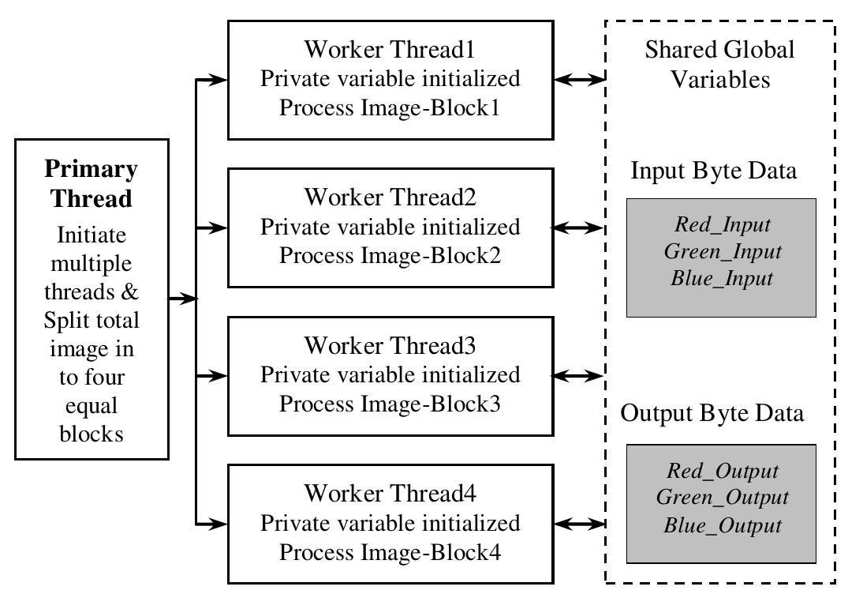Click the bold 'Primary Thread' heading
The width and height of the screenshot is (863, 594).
[91, 183]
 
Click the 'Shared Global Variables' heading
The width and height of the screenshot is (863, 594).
[719, 64]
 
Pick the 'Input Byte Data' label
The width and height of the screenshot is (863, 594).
[714, 171]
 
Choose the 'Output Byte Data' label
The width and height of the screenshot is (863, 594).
[712, 413]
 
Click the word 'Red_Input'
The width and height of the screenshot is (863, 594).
[722, 224]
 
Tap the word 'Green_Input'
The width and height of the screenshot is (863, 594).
[722, 251]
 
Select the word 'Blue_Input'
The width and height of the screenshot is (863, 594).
[722, 278]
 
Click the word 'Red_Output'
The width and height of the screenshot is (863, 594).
[722, 471]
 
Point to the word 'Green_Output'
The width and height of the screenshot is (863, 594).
[722, 498]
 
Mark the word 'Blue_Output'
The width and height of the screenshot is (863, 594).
[722, 525]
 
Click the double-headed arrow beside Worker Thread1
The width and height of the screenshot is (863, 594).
[578, 79]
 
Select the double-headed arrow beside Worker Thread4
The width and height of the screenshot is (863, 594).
[578, 523]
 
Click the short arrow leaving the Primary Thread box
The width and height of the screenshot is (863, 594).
[181, 299]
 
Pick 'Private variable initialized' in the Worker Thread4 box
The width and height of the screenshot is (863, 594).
[390, 523]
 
